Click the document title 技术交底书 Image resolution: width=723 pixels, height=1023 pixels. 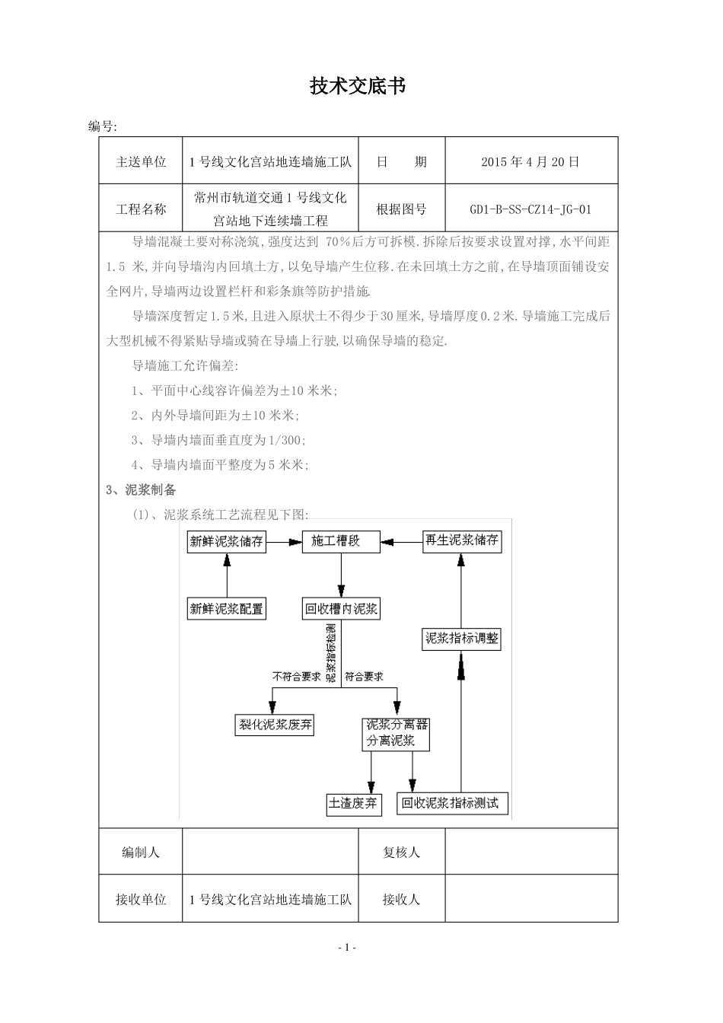(x=357, y=87)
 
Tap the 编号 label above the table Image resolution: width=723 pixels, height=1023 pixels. (x=102, y=126)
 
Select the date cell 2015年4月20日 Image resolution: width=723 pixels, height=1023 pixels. (x=530, y=161)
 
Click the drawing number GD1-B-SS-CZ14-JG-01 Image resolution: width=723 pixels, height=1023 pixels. (x=530, y=209)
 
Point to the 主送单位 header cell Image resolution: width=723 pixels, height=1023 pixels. (x=141, y=161)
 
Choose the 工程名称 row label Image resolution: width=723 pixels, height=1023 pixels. (x=141, y=209)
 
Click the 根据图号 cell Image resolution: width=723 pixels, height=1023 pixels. (x=401, y=209)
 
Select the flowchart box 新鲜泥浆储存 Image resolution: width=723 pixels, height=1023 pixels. (x=227, y=542)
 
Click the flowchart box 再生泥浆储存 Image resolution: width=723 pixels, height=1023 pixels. (x=462, y=541)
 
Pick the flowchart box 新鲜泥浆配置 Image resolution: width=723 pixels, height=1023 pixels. (x=227, y=608)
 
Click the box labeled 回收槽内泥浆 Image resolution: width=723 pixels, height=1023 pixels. (x=341, y=608)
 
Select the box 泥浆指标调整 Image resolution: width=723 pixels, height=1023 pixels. (x=462, y=639)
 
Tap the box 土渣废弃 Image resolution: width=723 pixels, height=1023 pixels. (x=352, y=804)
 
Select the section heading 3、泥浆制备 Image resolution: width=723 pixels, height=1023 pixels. (x=142, y=490)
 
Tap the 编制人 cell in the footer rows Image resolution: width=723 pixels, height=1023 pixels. (x=141, y=852)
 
